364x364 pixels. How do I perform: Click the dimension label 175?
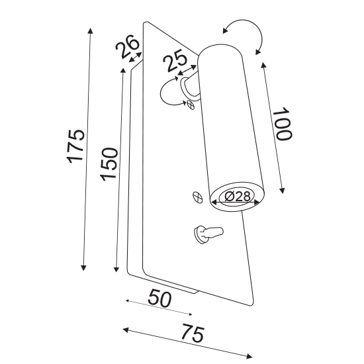click(75, 146)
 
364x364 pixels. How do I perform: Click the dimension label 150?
click(109, 164)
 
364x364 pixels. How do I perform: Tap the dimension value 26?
click(127, 46)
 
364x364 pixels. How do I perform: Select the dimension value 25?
click(175, 63)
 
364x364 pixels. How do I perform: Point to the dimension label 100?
click(282, 124)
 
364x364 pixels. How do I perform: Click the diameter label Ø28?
click(238, 197)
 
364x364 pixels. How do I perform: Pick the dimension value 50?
click(159, 298)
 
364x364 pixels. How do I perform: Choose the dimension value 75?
click(193, 333)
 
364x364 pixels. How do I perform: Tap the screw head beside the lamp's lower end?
click(198, 198)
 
